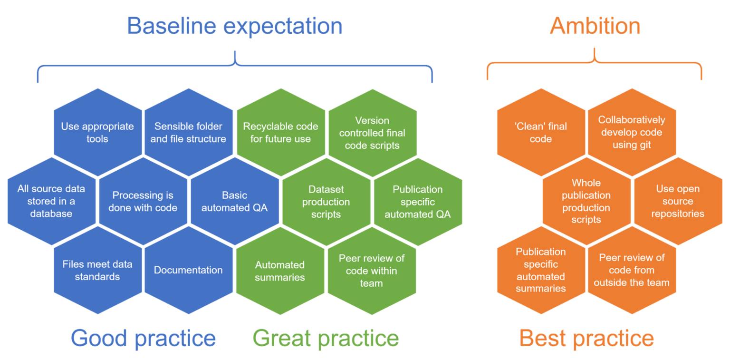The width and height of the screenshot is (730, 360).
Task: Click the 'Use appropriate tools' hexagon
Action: [97, 133]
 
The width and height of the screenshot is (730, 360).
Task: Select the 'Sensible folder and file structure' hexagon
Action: [188, 133]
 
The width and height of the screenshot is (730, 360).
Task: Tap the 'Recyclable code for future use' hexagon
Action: [280, 133]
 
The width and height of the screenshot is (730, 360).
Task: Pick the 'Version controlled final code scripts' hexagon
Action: [372, 133]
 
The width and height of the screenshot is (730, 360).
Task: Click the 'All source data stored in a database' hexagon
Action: [51, 201]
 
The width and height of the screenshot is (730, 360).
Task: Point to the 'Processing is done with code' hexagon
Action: [143, 201]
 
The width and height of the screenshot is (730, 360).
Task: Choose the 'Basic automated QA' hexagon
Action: [235, 201]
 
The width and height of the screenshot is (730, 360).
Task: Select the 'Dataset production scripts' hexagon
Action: [326, 202]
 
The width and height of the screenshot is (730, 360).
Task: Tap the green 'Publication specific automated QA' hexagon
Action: [418, 202]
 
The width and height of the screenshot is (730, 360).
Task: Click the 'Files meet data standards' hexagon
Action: [97, 270]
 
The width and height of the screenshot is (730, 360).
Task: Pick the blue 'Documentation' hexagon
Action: [188, 270]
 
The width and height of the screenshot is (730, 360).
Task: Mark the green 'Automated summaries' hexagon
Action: [280, 271]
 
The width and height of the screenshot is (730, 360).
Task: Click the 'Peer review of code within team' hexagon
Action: [372, 271]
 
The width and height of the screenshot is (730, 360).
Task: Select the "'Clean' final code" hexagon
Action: [541, 133]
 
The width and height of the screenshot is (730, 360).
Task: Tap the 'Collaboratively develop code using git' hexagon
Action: [632, 132]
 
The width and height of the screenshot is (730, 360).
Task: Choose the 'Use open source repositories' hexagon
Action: [678, 201]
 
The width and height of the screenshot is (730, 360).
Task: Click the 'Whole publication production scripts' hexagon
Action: [586, 201]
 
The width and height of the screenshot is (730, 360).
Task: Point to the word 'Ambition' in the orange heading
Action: [595, 26]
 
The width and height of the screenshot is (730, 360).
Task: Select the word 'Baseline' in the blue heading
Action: [172, 26]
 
